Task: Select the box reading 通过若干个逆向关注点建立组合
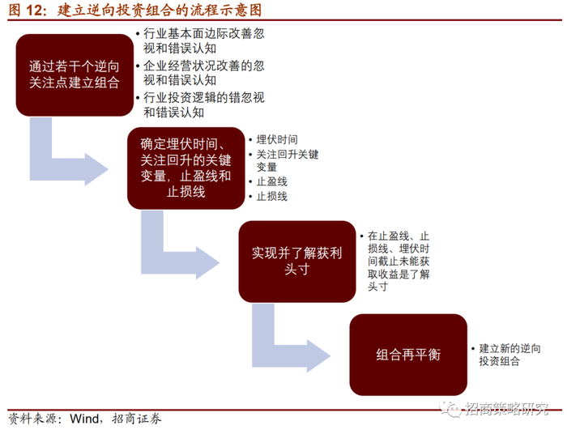(x=74, y=74)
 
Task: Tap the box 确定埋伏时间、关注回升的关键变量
(x=185, y=168)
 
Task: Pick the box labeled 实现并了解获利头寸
(x=296, y=261)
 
